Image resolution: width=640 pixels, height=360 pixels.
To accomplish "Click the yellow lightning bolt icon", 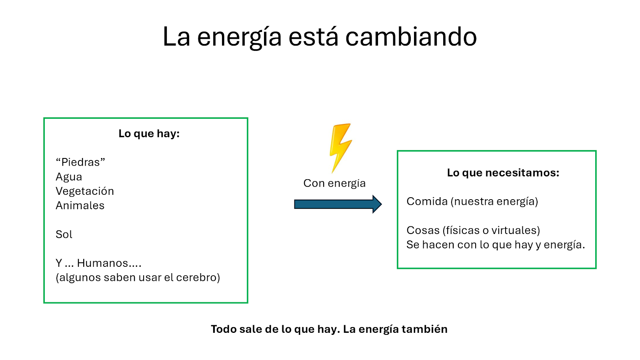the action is click(x=340, y=148).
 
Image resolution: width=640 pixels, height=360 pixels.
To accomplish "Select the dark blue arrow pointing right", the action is click(x=338, y=204).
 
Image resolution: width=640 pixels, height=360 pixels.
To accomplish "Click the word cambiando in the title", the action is click(x=411, y=36).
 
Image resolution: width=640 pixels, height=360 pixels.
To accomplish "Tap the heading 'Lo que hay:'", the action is click(x=149, y=134).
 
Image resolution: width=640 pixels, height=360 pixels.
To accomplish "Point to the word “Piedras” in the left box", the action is click(x=80, y=162).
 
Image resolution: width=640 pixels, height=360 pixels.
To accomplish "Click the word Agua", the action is click(x=69, y=177).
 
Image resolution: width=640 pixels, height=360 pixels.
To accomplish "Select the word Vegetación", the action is click(x=85, y=191).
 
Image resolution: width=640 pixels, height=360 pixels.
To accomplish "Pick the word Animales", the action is click(x=80, y=206).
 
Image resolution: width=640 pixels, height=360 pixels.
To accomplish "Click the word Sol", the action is click(x=64, y=234).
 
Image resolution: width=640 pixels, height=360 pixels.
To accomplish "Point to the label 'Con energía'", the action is click(x=334, y=183).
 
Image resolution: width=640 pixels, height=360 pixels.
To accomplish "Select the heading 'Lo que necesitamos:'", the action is click(x=503, y=172).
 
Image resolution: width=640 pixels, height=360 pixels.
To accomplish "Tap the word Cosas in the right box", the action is click(x=423, y=230).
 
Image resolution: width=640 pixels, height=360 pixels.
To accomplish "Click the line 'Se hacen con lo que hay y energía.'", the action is click(x=496, y=245).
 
